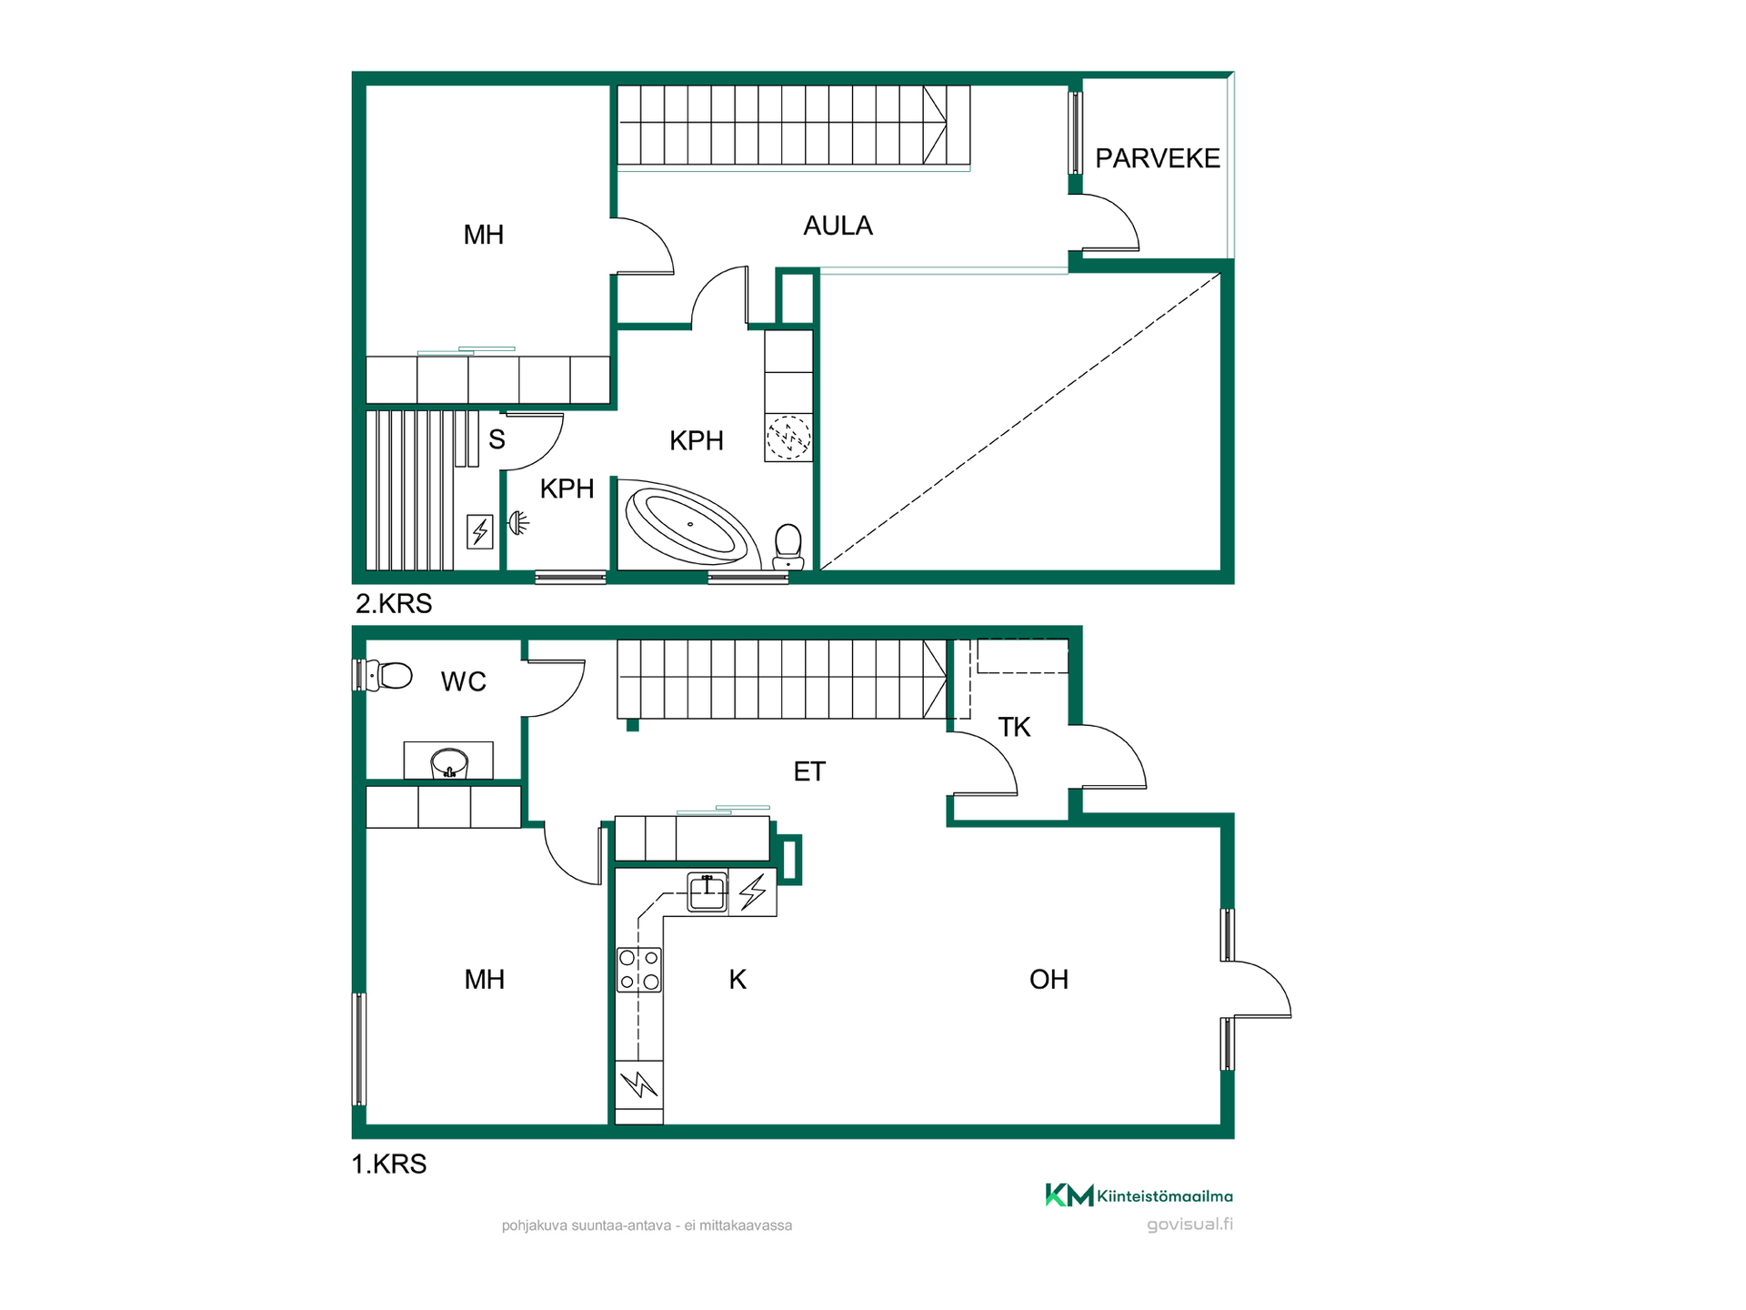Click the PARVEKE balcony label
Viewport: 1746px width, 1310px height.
[x=1158, y=158]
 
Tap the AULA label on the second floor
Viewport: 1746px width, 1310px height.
[x=838, y=226]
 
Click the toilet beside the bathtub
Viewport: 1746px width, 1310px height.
[x=788, y=547]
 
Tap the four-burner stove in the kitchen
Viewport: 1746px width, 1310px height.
[x=639, y=970]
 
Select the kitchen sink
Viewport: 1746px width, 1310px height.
[x=707, y=892]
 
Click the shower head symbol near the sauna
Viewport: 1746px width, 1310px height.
[x=518, y=523]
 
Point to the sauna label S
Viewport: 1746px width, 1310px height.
[x=497, y=439]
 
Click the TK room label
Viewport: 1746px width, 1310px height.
[x=1014, y=727]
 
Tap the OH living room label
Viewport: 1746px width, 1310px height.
[x=1049, y=979]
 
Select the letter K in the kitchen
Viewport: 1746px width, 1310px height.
[x=738, y=979]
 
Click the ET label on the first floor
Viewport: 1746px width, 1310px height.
[x=809, y=771]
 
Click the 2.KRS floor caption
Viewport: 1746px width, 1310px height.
[x=393, y=603]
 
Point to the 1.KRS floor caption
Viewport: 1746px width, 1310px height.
[x=389, y=1164]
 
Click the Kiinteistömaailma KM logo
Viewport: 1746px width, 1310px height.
[x=1139, y=1195]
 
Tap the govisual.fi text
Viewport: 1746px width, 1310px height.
[x=1189, y=1224]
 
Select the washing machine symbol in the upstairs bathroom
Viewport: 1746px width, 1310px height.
[x=788, y=438]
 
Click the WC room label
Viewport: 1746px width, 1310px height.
[x=464, y=681]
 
